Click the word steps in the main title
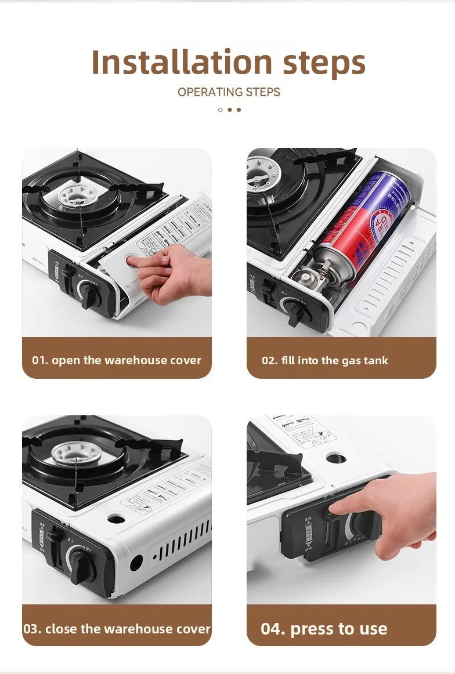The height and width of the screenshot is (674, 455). [x=324, y=63]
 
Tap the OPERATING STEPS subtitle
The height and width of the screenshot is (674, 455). [x=229, y=92]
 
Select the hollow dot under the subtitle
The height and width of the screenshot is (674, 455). [x=221, y=110]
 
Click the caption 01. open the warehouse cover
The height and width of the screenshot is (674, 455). [x=117, y=360]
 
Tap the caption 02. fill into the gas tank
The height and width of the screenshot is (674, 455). [x=324, y=360]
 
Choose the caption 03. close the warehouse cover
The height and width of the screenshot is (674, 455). [x=117, y=629]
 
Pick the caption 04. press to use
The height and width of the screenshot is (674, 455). [x=324, y=629]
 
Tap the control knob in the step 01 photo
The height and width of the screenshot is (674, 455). [x=91, y=293]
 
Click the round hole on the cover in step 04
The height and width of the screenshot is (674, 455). [x=336, y=458]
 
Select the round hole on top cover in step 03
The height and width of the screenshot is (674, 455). [x=116, y=519]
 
